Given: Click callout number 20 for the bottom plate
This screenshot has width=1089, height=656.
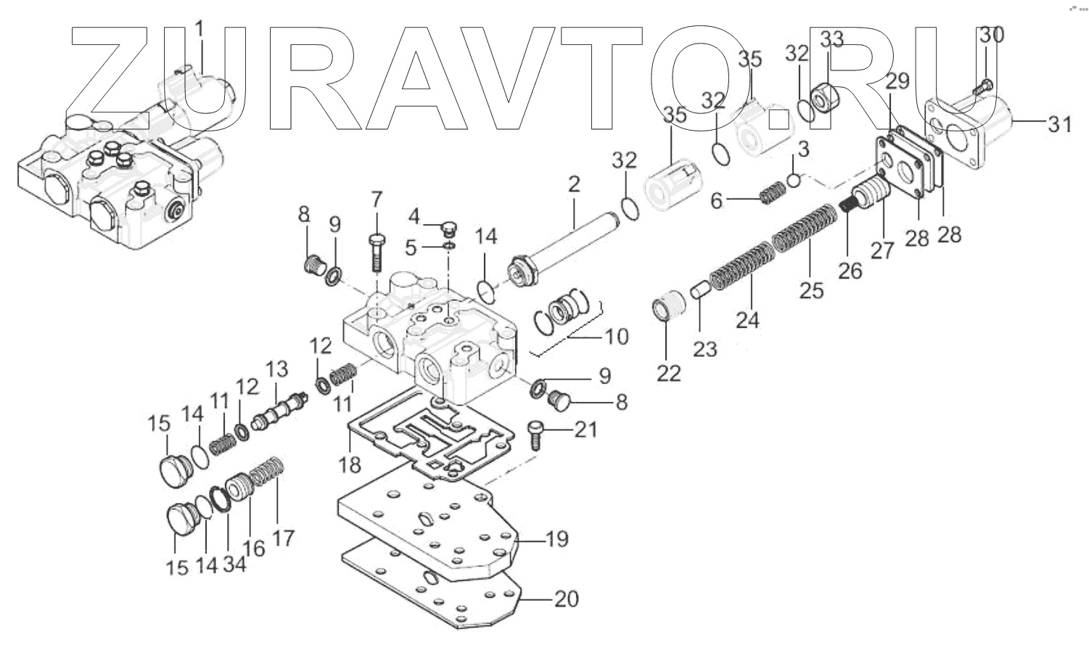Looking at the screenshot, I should pyautogui.click(x=566, y=599).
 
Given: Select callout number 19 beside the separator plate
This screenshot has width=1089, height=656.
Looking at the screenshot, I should pyautogui.click(x=556, y=539).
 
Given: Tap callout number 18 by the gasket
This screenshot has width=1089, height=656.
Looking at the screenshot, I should pyautogui.click(x=350, y=464).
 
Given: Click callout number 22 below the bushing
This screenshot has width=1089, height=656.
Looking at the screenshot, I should pyautogui.click(x=669, y=373).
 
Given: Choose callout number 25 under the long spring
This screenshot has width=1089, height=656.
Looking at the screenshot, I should pyautogui.click(x=812, y=290).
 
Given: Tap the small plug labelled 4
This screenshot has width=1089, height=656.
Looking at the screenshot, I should pyautogui.click(x=448, y=230).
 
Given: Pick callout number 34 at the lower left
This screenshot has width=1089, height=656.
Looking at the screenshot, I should pyautogui.click(x=234, y=563).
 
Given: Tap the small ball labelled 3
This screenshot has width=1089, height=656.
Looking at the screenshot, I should pyautogui.click(x=794, y=179).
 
